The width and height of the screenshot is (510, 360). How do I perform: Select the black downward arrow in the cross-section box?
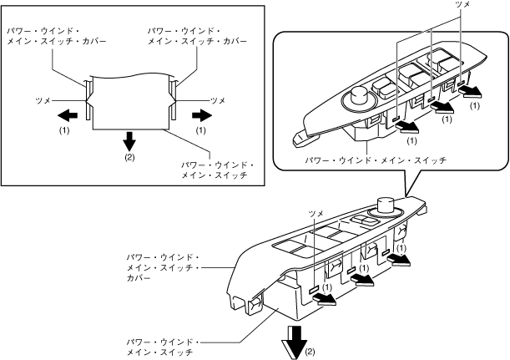coord(129,140)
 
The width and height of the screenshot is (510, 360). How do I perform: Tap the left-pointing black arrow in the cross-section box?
coord(68,115)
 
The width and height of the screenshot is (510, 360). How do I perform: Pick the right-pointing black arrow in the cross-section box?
coord(202,115)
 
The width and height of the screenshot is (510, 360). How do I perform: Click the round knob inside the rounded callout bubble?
coord(359,98)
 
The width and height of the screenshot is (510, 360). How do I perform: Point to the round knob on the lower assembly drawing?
coord(386,205)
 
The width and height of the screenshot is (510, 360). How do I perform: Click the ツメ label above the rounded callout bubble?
coord(462,4)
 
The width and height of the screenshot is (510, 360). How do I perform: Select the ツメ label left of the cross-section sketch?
coord(43,101)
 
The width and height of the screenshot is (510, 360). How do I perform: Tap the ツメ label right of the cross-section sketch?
coord(218,101)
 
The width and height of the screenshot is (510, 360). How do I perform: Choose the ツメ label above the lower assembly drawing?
coord(316,214)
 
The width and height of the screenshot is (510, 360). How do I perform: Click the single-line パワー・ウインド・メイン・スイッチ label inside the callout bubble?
coord(376,160)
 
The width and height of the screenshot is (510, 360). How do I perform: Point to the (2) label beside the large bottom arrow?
coord(310,352)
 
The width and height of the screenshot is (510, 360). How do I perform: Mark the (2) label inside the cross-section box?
coord(129,158)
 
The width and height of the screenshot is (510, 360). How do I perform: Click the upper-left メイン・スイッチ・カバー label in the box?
coord(57,41)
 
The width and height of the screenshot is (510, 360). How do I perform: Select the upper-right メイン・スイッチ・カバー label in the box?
coord(198,41)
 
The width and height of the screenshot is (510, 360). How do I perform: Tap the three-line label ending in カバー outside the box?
coord(164,267)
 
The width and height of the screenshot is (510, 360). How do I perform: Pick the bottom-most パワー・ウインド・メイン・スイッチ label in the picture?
coord(164,347)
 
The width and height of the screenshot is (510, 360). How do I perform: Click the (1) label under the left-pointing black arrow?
coord(64,130)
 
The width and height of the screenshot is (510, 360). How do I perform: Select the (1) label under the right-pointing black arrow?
coord(201,130)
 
